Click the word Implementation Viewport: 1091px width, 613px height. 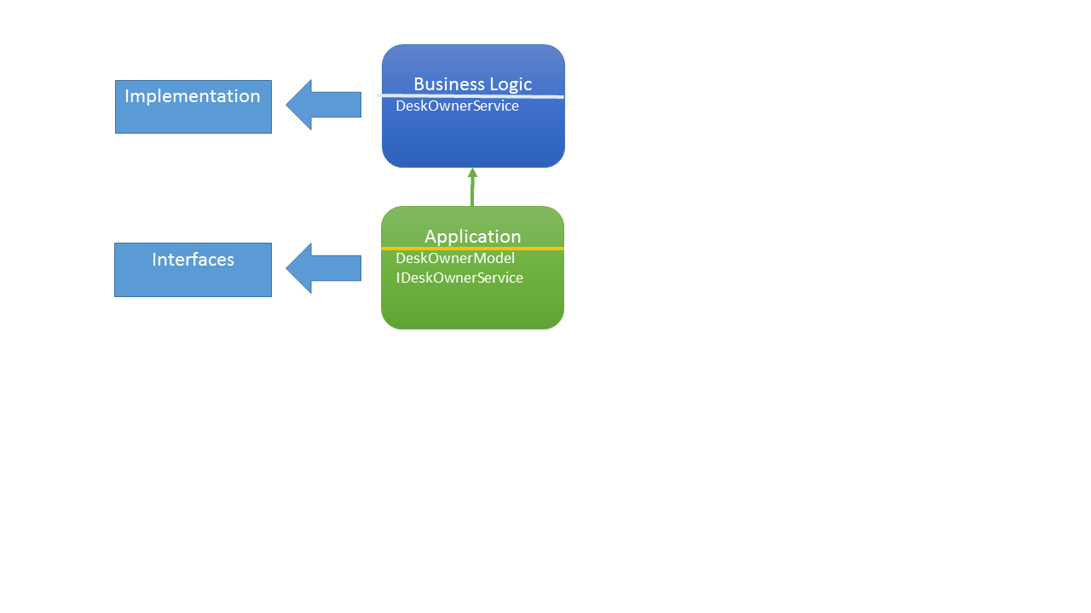[193, 96]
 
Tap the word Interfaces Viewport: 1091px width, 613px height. [193, 260]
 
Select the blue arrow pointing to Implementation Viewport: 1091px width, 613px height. [328, 105]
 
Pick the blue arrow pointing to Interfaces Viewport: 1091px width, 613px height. [328, 268]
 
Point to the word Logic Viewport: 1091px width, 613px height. [510, 83]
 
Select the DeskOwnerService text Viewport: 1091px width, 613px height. [457, 106]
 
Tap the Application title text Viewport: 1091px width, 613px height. [472, 237]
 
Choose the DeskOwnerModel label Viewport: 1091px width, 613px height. [455, 258]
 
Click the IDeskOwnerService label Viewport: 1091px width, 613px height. [459, 278]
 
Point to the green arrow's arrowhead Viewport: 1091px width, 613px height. [472, 173]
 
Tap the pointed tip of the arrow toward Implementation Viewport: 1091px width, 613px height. [288, 105]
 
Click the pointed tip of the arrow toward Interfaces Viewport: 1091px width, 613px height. [288, 268]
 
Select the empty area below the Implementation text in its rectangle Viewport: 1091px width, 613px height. [193, 119]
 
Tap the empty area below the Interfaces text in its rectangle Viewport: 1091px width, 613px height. [193, 283]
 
